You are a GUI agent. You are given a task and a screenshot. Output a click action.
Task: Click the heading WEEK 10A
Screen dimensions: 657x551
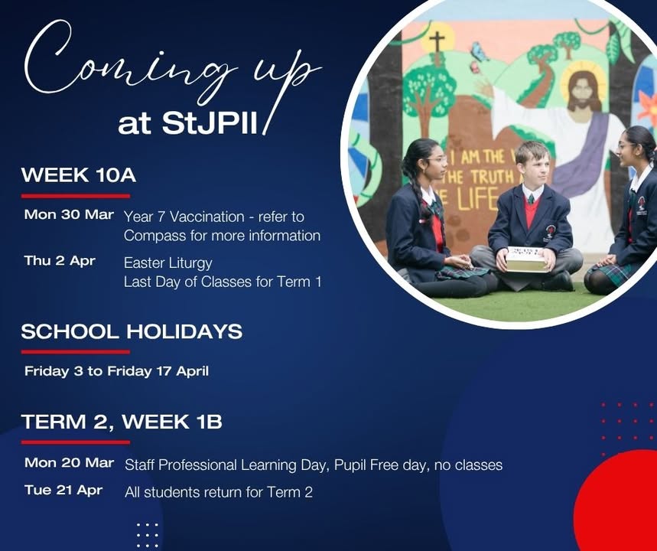79,174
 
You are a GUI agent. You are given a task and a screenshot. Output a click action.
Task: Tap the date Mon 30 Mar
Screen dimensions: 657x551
69,214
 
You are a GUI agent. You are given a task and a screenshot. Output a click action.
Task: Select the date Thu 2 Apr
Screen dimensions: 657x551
60,261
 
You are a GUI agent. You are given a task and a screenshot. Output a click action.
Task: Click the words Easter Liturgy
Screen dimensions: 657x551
168,263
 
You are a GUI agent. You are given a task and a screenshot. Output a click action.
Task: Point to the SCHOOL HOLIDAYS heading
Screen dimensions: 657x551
132,331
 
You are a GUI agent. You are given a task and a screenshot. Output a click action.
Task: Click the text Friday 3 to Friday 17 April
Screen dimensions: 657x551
116,371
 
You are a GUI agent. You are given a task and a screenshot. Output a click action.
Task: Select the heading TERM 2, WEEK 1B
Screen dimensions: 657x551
122,422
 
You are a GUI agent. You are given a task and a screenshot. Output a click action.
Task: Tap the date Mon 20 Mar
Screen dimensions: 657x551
69,462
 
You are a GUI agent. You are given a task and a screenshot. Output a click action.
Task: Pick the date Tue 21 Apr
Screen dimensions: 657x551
63,490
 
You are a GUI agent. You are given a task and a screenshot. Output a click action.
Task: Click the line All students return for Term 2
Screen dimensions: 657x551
219,492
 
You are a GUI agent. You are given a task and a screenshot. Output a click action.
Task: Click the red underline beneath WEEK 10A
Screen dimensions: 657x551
76,196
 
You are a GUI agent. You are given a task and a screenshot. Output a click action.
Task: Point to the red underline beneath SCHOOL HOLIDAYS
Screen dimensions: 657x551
76,352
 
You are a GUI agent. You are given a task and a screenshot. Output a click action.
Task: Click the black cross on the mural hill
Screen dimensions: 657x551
437,42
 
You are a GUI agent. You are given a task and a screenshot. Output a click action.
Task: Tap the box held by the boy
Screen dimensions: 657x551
525,259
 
